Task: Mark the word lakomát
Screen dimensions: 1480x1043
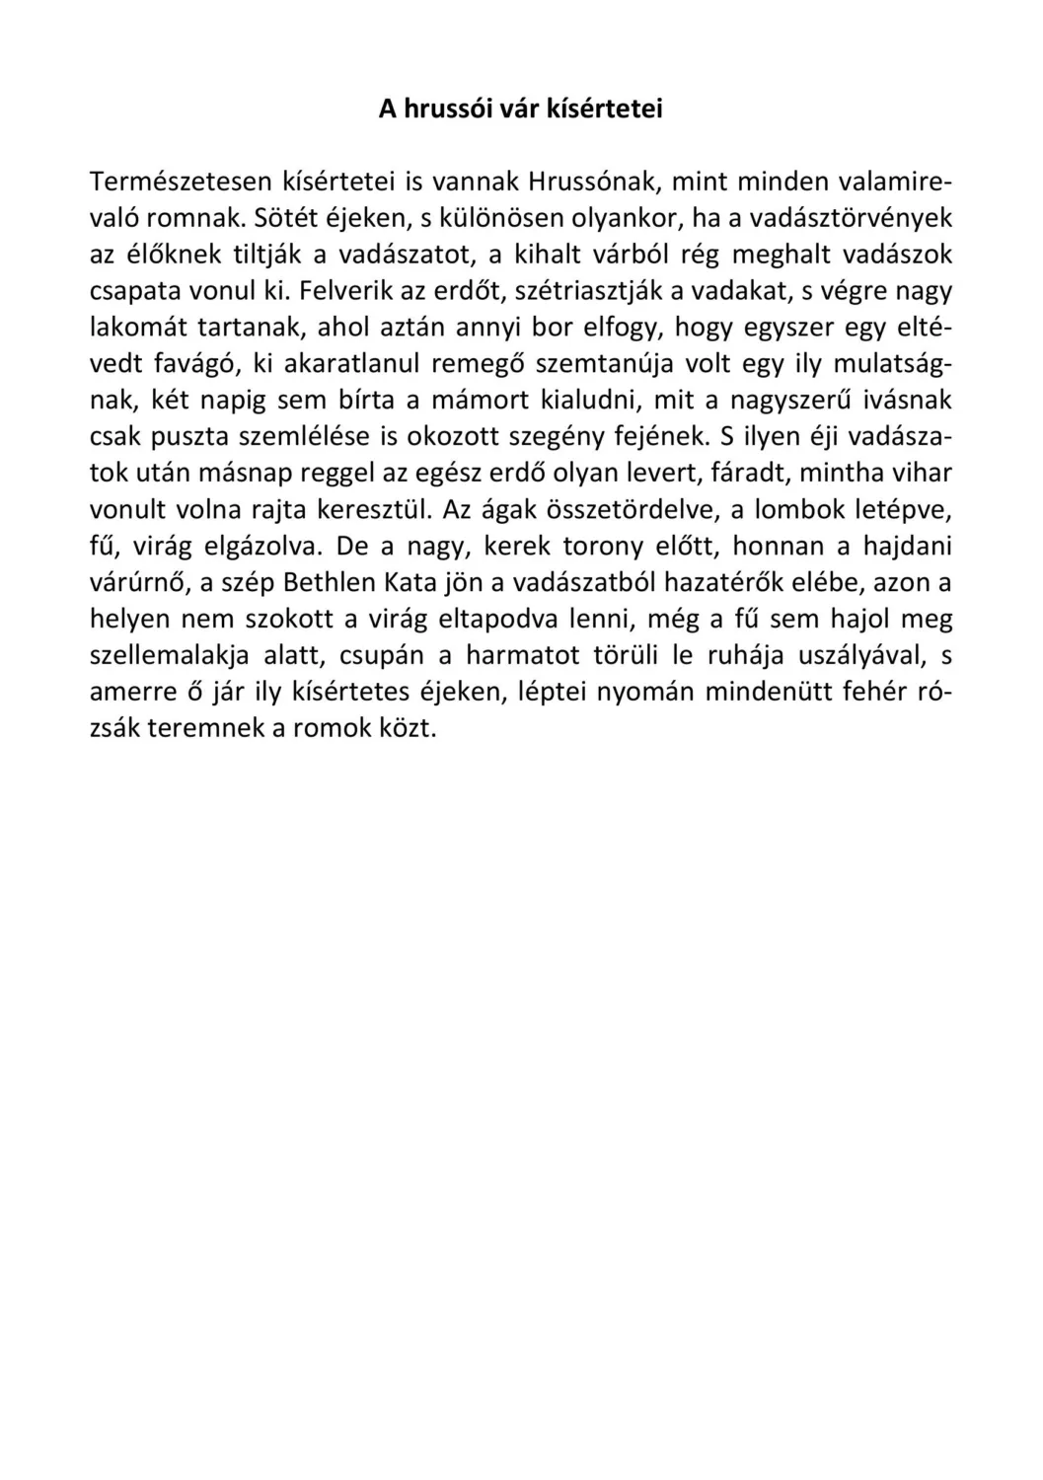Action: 135,328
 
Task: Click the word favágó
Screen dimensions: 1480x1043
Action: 194,364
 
